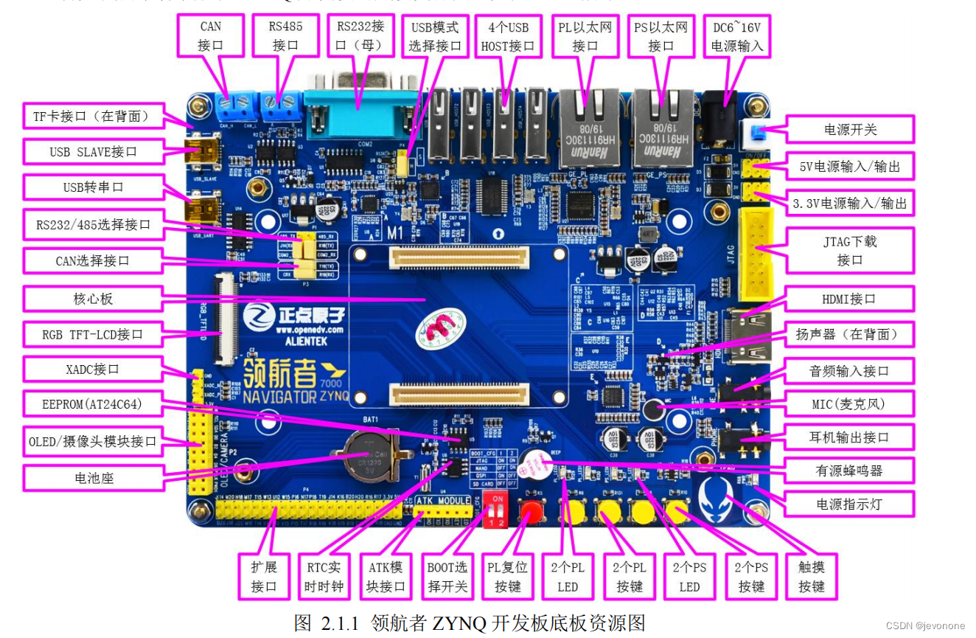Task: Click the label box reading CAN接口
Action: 210,35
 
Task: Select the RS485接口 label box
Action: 285,35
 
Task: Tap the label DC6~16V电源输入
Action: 736,36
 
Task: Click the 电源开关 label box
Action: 850,129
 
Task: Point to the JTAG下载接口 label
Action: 850,251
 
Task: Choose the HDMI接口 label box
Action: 850,299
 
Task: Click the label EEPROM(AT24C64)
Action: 92,405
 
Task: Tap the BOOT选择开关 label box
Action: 447,577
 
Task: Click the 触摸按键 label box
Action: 811,577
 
